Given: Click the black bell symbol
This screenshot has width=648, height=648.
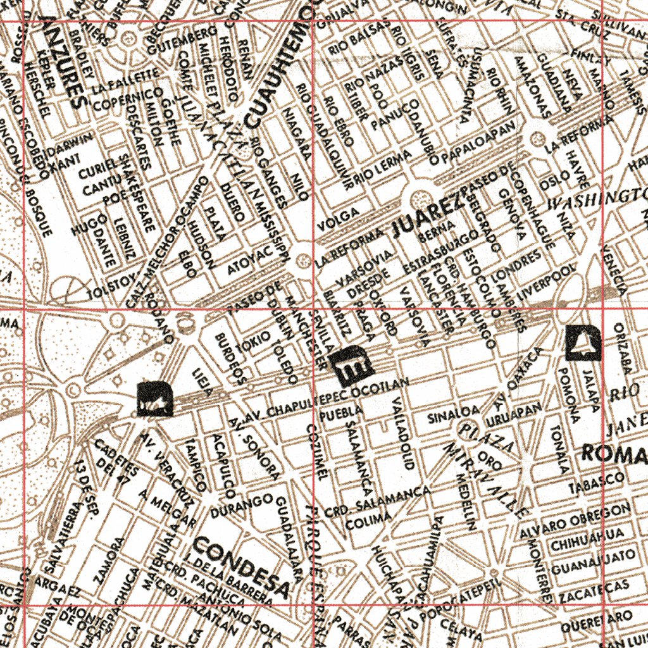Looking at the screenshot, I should [582, 343].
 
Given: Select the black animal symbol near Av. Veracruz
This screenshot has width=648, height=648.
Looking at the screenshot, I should [154, 399].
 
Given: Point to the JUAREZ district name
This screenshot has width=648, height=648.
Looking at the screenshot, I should [428, 216].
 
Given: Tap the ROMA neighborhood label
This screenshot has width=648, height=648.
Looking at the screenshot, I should [613, 452].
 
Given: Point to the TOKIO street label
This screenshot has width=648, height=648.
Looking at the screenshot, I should [249, 346].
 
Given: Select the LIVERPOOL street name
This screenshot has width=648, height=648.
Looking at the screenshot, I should [545, 282].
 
